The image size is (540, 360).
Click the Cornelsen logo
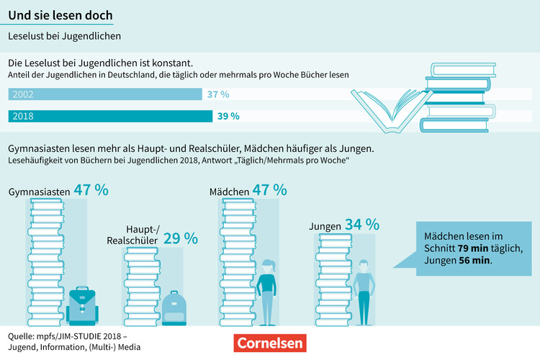tap(270, 343)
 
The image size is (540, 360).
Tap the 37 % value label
tap(217, 94)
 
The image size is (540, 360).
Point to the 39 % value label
tap(228, 116)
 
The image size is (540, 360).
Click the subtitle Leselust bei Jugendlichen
tap(64, 35)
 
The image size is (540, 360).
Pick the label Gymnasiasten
tap(39, 192)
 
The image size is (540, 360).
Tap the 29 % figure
tap(180, 238)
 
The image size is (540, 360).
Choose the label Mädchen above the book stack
tap(229, 192)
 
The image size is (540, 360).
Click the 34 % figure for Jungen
tap(361, 225)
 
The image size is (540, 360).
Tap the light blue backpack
tap(174, 307)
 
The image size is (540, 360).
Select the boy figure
tap(364, 292)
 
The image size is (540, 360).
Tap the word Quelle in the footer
tap(24, 336)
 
